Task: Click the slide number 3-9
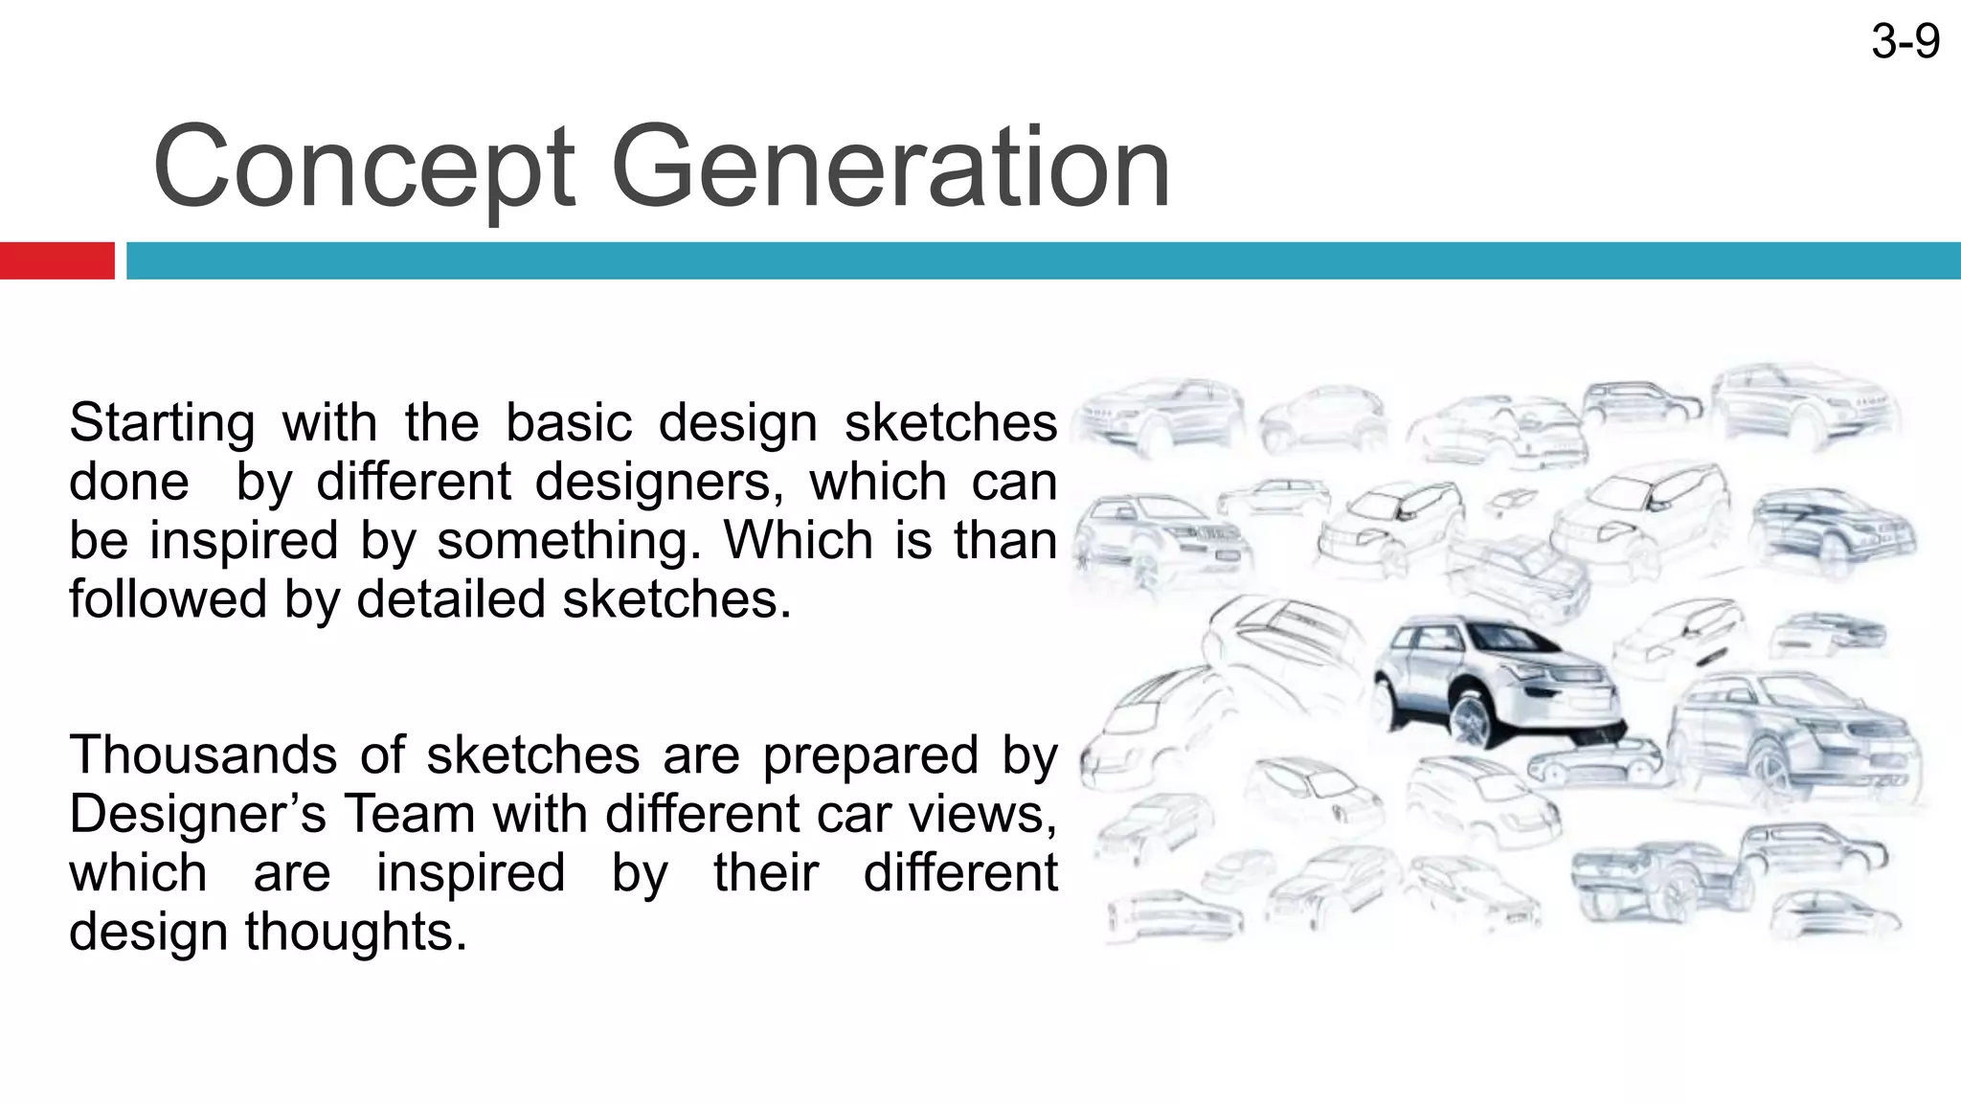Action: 1905,42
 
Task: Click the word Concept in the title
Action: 364,168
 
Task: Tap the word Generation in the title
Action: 890,168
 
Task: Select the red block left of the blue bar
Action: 56,260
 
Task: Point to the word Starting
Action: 162,422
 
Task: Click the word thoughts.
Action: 356,932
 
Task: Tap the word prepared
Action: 870,754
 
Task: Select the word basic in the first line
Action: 569,422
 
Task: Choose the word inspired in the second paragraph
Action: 470,872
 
